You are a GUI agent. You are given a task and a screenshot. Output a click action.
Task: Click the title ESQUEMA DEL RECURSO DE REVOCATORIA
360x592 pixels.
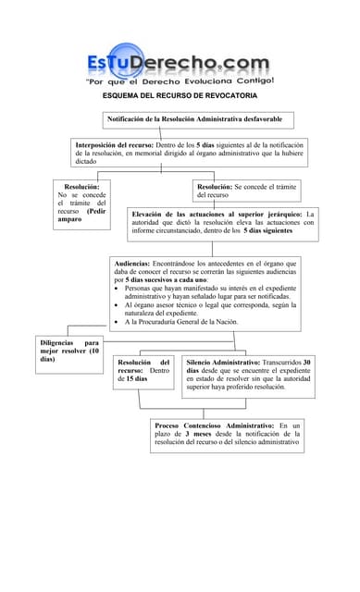(x=180, y=95)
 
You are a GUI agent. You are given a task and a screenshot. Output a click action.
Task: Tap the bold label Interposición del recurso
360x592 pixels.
(x=115, y=145)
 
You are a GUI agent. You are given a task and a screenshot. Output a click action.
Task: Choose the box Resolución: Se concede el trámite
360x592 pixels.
(x=246, y=191)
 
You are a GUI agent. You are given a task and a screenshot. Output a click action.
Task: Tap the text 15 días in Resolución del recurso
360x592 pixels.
(x=136, y=379)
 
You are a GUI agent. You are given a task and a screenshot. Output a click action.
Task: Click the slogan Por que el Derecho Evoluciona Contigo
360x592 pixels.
(x=179, y=81)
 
